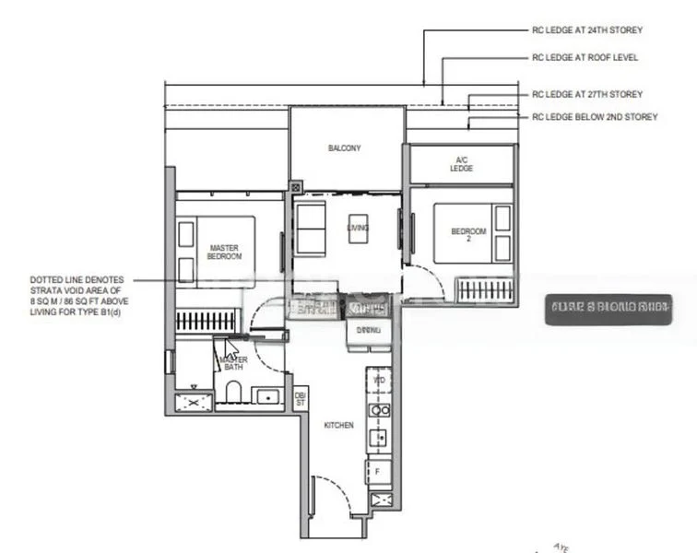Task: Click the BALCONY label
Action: [x=345, y=148]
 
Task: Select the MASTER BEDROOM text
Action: [x=225, y=252]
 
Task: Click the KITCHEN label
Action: [x=338, y=425]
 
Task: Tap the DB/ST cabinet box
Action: [x=300, y=398]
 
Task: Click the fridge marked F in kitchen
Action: [x=378, y=471]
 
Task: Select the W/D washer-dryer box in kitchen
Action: [x=378, y=380]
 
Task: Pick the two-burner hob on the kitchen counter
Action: [x=378, y=409]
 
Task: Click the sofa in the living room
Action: [x=311, y=229]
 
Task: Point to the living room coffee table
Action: [x=359, y=228]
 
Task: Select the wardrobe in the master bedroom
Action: [x=207, y=323]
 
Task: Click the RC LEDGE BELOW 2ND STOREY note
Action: [x=595, y=117]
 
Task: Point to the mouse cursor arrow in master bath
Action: [x=230, y=348]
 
